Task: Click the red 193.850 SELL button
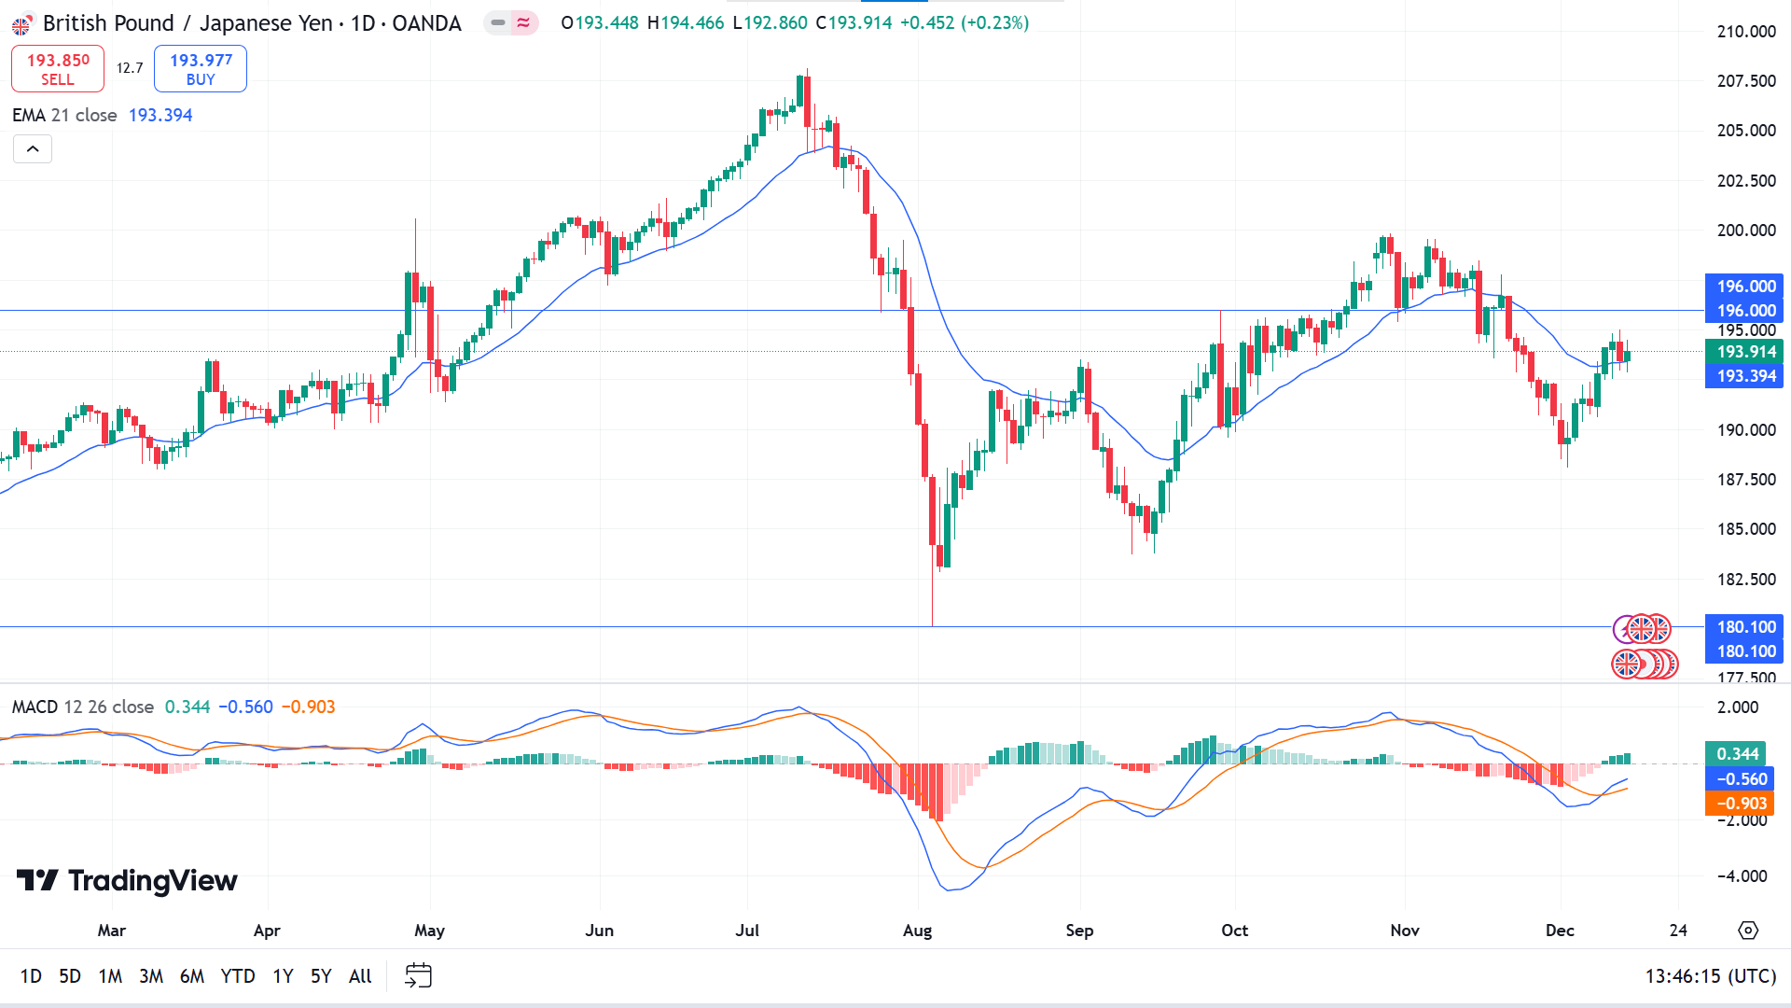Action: [58, 69]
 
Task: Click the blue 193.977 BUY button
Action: [201, 69]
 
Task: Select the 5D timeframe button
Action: [70, 976]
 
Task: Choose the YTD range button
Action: [238, 976]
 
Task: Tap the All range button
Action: [360, 976]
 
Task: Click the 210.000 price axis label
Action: [1746, 32]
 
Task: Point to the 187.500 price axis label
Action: [1746, 480]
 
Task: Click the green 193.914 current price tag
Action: [1746, 352]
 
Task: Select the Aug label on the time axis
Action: [918, 931]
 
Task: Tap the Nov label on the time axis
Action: [1405, 931]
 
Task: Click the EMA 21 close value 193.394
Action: [160, 116]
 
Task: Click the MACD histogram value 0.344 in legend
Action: [187, 707]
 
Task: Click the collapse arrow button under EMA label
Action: [33, 149]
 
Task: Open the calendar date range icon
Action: [418, 976]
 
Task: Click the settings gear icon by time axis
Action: [1748, 931]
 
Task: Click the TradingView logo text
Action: [128, 881]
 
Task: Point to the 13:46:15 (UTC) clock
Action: [1710, 976]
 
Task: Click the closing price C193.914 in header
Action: [854, 23]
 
